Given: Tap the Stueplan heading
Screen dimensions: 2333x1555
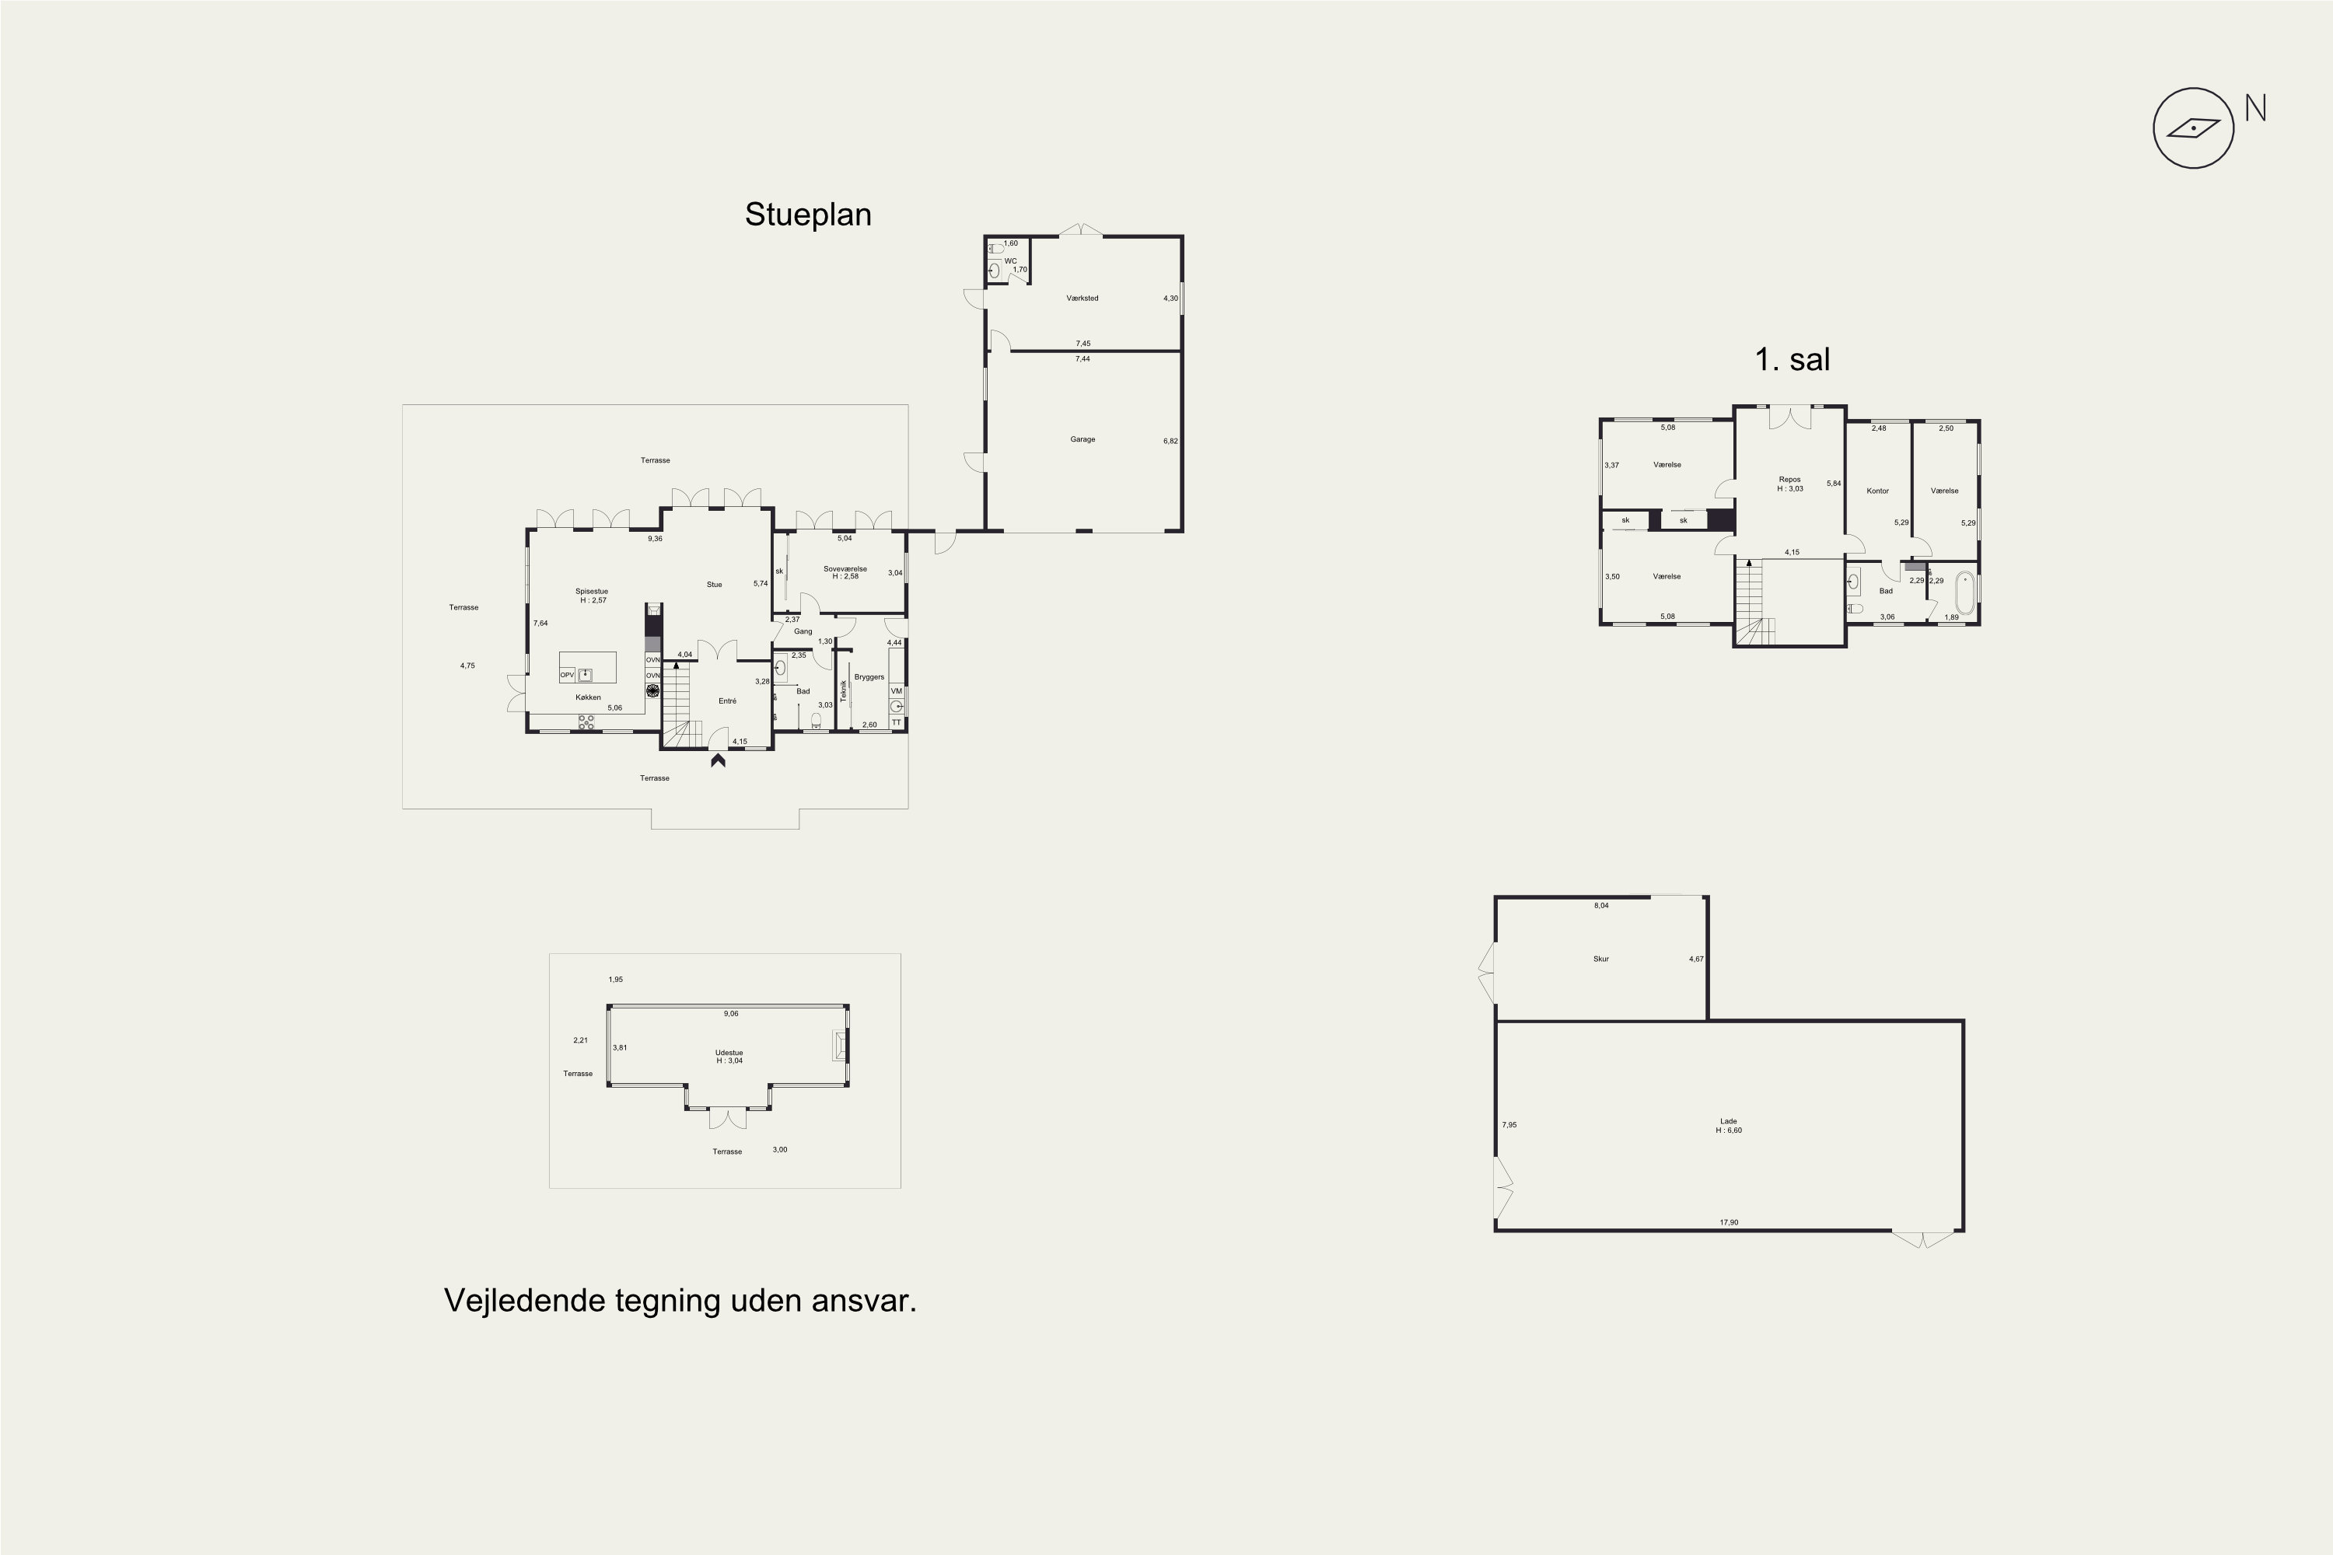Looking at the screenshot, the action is (807, 215).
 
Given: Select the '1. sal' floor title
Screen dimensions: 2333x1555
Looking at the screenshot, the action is (1792, 359).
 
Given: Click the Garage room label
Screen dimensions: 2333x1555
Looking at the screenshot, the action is (1083, 439).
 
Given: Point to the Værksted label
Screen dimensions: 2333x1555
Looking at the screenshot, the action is (1083, 299).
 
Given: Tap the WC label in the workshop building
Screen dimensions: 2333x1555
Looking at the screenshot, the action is (1011, 260).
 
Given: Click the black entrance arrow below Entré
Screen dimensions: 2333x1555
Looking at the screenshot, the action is (717, 760).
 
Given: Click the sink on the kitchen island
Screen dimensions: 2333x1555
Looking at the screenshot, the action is (586, 674).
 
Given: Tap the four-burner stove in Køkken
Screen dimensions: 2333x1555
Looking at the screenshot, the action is (586, 723).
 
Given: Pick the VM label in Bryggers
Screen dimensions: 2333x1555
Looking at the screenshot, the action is (897, 691).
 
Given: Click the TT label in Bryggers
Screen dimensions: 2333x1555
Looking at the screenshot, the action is (897, 723).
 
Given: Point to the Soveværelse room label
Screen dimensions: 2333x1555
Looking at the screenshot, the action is (845, 569).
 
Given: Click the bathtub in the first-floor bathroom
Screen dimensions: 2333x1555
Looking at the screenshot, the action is (1964, 593).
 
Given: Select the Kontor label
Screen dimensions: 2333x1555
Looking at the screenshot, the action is (1878, 491).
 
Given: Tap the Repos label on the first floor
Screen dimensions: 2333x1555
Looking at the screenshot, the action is (1789, 480).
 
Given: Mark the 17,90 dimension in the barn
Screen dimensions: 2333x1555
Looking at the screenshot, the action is (1729, 1223).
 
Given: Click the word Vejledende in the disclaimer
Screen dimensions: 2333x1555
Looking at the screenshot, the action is (525, 1301).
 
